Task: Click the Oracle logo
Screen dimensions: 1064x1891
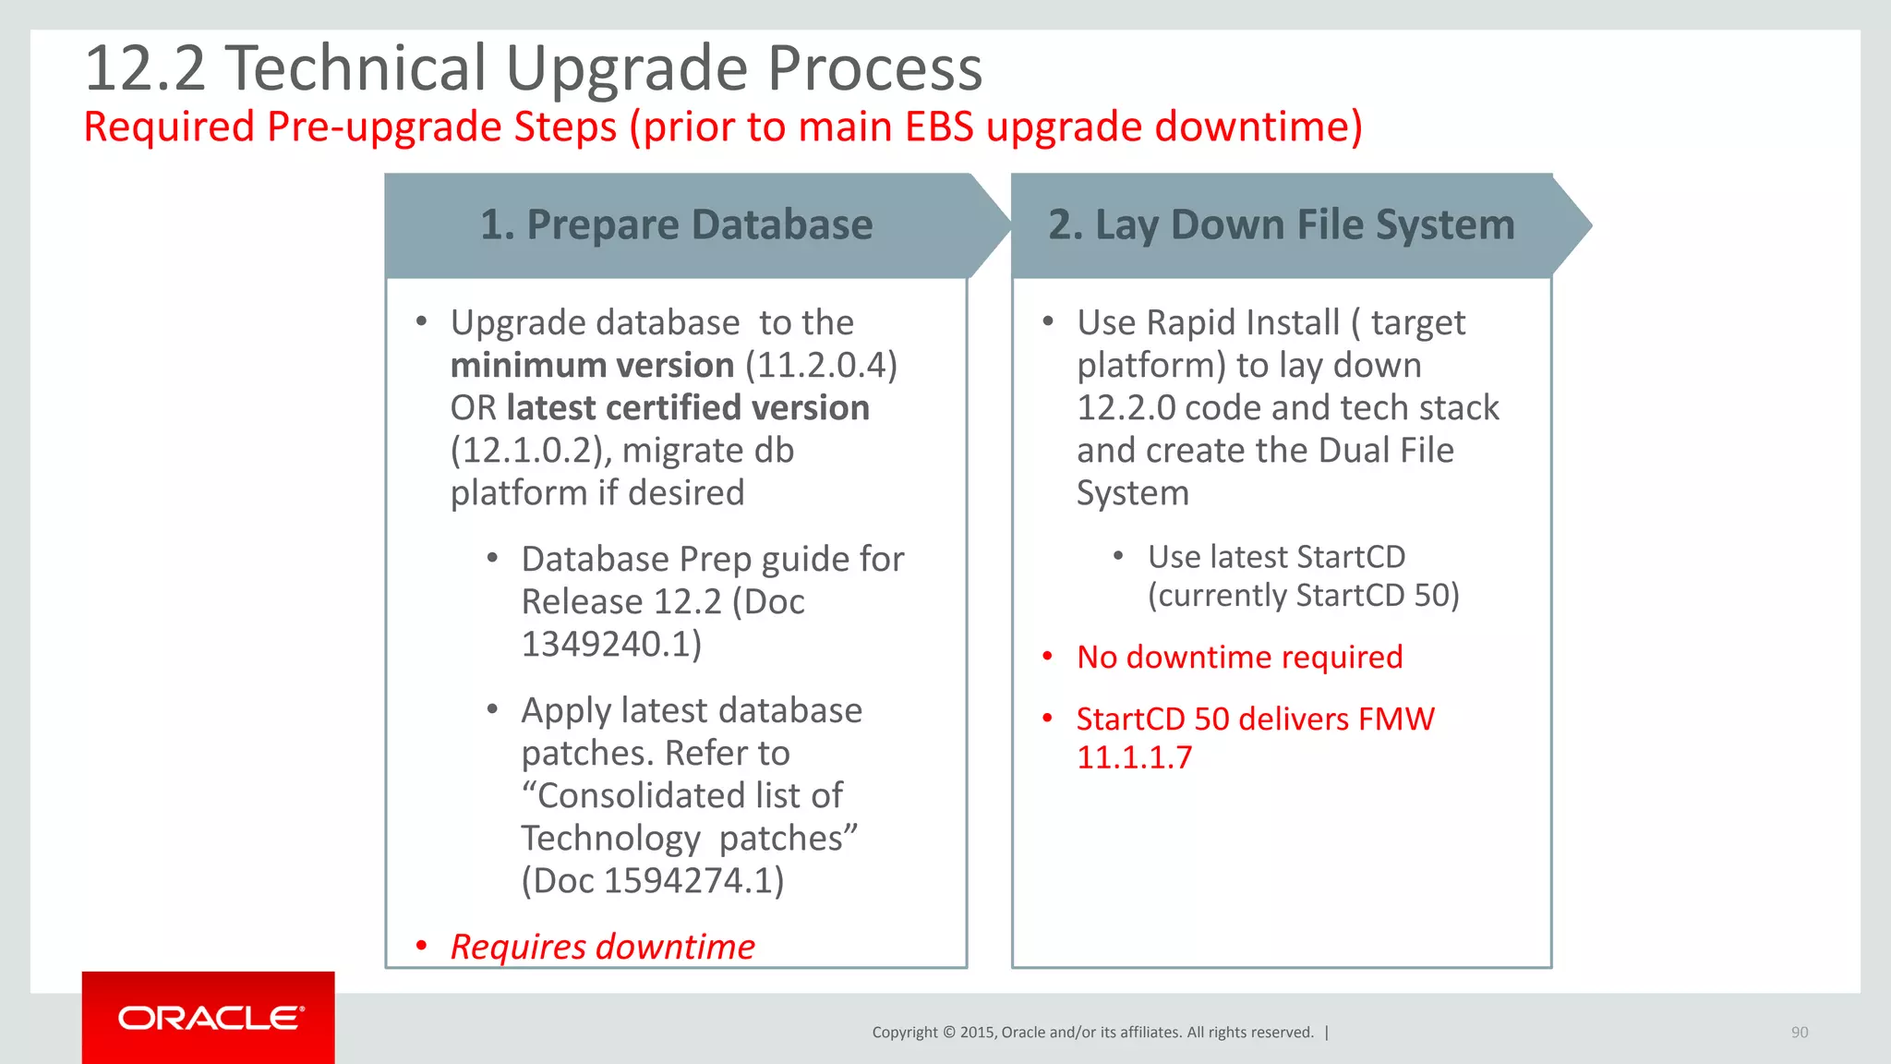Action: click(210, 1018)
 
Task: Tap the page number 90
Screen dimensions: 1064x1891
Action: click(1799, 1033)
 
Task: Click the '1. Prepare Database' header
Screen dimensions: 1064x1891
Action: click(676, 224)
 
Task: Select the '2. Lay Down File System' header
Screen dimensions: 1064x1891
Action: click(1281, 224)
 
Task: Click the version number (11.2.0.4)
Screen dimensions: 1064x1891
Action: click(821, 366)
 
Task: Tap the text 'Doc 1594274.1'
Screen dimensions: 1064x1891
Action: click(653, 881)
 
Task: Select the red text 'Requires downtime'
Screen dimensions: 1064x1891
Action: click(602, 947)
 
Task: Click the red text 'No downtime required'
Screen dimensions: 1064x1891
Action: click(1239, 658)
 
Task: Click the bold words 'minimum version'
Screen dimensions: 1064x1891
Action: click(592, 366)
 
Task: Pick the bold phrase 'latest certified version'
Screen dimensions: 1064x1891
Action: click(688, 408)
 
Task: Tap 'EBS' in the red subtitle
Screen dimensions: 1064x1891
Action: click(939, 127)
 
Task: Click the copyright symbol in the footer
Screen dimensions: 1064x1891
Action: click(948, 1033)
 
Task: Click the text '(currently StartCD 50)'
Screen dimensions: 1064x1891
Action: click(1303, 596)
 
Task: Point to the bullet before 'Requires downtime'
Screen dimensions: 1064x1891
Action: click(421, 946)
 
